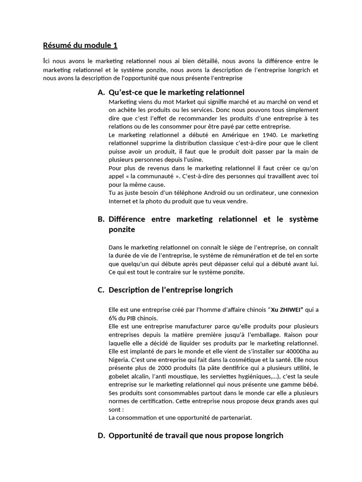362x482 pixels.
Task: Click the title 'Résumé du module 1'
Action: pos(80,45)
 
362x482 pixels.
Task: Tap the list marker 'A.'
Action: pos(101,92)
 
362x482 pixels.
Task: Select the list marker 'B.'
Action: pos(101,219)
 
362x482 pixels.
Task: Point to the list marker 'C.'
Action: pos(101,290)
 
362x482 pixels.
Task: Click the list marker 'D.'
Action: pos(101,435)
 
